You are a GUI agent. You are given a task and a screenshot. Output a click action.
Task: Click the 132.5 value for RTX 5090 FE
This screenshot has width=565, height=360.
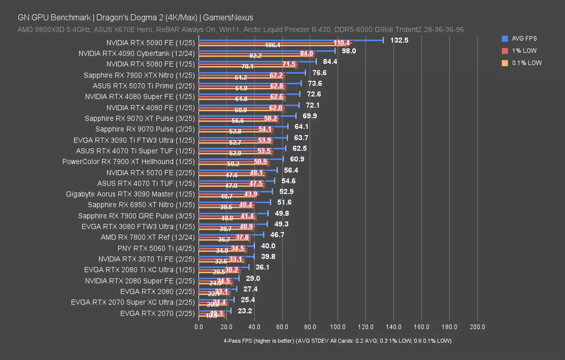pos(399,40)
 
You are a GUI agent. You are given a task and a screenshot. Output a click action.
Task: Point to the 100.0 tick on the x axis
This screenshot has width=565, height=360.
pos(338,327)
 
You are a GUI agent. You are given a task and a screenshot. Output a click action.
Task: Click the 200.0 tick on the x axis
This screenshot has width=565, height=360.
pos(477,327)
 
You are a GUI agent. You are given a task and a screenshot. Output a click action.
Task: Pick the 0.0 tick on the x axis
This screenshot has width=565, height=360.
pos(199,327)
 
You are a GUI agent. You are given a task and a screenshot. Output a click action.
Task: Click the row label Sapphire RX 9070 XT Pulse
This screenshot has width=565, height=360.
pos(140,118)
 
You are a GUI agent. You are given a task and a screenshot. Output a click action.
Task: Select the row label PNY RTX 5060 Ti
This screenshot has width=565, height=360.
pos(156,248)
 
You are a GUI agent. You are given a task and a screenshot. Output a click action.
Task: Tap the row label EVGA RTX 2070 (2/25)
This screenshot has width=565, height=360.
pos(157,313)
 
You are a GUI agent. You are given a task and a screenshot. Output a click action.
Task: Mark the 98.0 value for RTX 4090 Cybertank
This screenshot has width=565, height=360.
pos(349,51)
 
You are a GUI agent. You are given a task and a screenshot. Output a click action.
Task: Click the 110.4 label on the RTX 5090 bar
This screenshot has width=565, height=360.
pos(341,43)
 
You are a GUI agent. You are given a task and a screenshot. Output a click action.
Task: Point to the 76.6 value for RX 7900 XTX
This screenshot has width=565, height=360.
pos(319,73)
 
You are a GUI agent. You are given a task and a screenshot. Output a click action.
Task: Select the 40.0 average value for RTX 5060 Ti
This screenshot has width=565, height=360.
pos(268,246)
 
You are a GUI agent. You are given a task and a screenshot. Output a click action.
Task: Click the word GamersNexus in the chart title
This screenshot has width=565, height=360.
pos(228,18)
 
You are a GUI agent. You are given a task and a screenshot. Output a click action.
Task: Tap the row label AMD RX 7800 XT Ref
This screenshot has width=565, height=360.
pos(148,237)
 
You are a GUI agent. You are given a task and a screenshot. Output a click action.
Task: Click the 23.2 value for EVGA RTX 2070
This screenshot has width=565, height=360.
pos(245,311)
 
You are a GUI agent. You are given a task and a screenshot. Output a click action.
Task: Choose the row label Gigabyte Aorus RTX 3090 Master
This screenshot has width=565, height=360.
pos(130,194)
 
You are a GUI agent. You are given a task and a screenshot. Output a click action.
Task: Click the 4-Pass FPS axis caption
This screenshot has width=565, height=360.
pos(337,341)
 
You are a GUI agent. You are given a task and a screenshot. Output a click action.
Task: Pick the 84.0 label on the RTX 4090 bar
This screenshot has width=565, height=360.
pos(306,54)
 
